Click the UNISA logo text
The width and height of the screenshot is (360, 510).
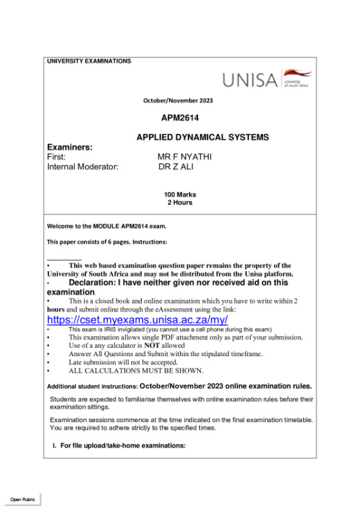tap(250, 80)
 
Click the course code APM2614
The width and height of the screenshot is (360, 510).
tap(181, 118)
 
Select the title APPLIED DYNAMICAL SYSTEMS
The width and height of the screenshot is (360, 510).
tap(202, 137)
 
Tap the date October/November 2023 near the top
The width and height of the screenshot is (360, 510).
tap(178, 101)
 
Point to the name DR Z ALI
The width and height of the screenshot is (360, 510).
tap(176, 167)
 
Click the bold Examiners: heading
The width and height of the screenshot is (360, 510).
tap(70, 147)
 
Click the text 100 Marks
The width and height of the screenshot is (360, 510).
tap(180, 195)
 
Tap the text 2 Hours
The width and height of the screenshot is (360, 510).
tap(180, 203)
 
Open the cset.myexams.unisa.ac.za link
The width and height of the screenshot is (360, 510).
tap(137, 319)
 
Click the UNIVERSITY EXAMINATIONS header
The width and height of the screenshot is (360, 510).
tap(89, 61)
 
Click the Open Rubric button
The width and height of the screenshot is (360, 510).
tap(22, 499)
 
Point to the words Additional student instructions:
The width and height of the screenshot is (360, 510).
tap(93, 387)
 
